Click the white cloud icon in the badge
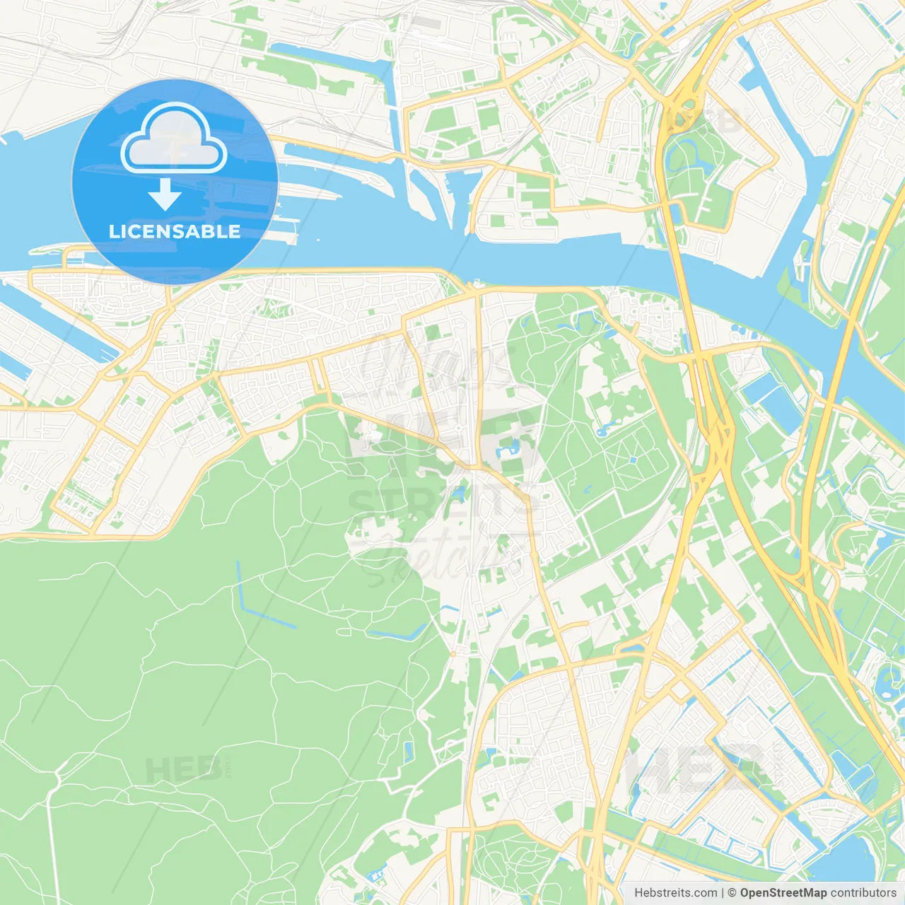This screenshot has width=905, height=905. tap(174, 139)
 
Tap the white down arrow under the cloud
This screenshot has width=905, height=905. tap(165, 195)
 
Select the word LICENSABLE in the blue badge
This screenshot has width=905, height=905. tap(175, 231)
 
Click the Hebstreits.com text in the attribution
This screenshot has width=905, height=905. tap(676, 893)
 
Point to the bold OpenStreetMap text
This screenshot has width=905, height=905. tap(783, 893)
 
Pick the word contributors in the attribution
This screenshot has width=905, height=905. tap(863, 893)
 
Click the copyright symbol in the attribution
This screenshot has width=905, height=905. tap(732, 893)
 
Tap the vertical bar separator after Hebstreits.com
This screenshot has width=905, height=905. tap(723, 893)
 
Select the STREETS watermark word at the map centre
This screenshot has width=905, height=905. tap(438, 503)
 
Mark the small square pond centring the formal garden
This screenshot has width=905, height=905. tap(633, 460)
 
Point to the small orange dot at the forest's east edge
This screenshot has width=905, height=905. tap(452, 653)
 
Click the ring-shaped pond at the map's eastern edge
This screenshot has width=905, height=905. tap(885, 682)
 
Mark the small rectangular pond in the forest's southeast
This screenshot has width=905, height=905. tap(409, 749)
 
